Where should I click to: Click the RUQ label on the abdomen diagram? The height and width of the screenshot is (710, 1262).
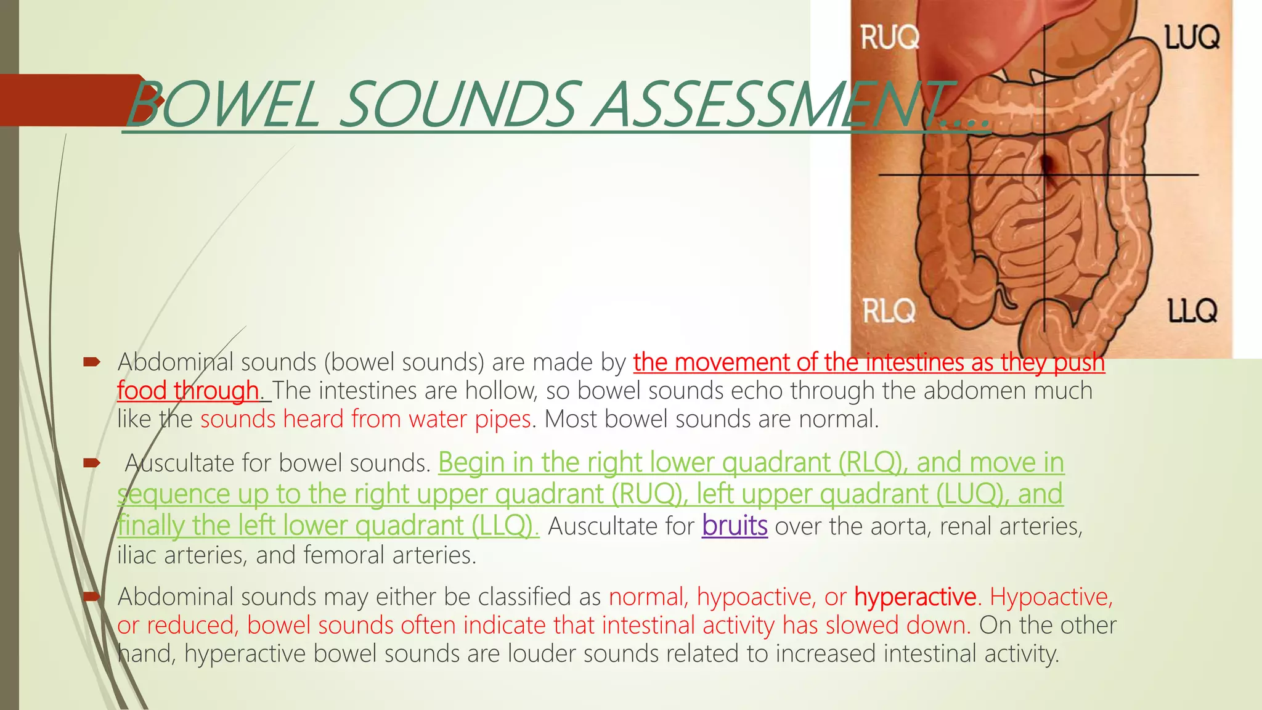(889, 38)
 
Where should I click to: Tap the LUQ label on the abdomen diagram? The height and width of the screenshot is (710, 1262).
(1192, 38)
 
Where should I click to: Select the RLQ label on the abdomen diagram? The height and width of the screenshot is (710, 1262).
(888, 311)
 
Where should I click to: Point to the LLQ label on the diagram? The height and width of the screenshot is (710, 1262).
(1192, 311)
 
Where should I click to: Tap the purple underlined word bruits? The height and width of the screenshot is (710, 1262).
(735, 526)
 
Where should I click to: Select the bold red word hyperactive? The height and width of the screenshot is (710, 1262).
(915, 597)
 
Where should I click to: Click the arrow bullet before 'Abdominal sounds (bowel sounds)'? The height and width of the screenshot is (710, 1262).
(92, 362)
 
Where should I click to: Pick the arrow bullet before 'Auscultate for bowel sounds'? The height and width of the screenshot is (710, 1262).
(92, 462)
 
